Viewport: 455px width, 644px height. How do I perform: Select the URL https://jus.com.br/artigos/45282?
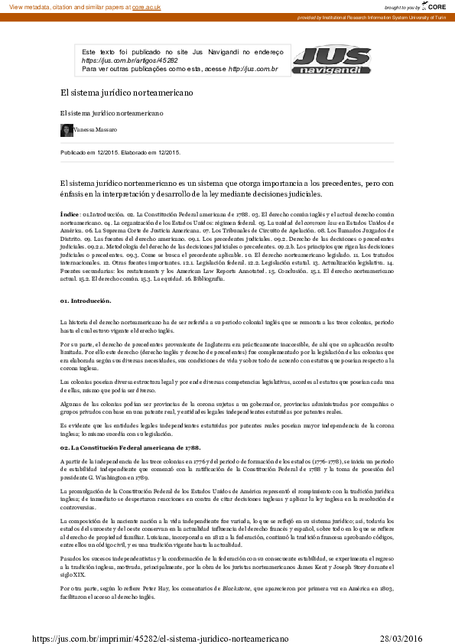pyautogui.click(x=129, y=60)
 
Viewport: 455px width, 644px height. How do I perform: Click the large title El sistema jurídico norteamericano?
pyautogui.click(x=126, y=93)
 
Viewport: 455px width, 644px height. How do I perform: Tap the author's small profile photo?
pyautogui.click(x=67, y=131)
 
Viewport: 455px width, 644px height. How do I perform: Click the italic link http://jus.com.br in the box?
pyautogui.click(x=252, y=69)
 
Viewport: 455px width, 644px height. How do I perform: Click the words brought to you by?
pyautogui.click(x=402, y=6)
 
